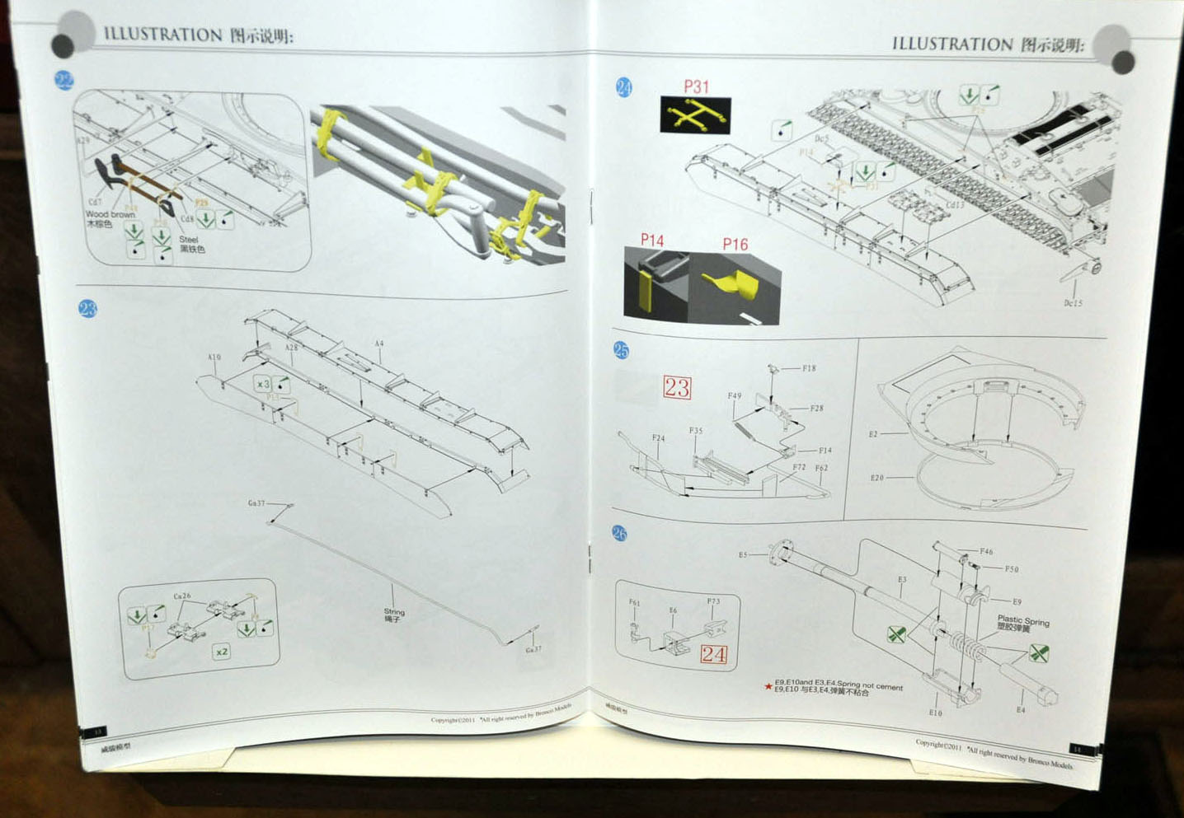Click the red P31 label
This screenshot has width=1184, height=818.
coord(696,86)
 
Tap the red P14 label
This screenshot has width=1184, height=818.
coord(652,240)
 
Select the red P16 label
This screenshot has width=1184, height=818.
coord(735,244)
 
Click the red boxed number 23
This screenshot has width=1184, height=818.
coord(677,387)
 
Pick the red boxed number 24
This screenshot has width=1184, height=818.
coord(714,655)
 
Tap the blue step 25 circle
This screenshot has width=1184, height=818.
coord(621,350)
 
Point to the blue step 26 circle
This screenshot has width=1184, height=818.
coord(619,534)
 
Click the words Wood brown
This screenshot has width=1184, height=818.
coord(110,214)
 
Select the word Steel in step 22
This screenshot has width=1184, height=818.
coord(189,240)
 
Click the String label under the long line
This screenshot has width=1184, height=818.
coord(394,612)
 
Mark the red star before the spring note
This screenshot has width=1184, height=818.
coord(768,685)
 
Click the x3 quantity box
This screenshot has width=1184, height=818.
coord(262,384)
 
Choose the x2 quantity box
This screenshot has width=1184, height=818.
coord(221,652)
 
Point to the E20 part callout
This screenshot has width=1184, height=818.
coord(876,478)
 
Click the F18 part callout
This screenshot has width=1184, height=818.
coord(809,368)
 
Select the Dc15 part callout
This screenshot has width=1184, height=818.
coord(1073,303)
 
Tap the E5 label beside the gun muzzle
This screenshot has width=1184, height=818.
coord(742,555)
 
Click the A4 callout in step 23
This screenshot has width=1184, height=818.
coord(378,344)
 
